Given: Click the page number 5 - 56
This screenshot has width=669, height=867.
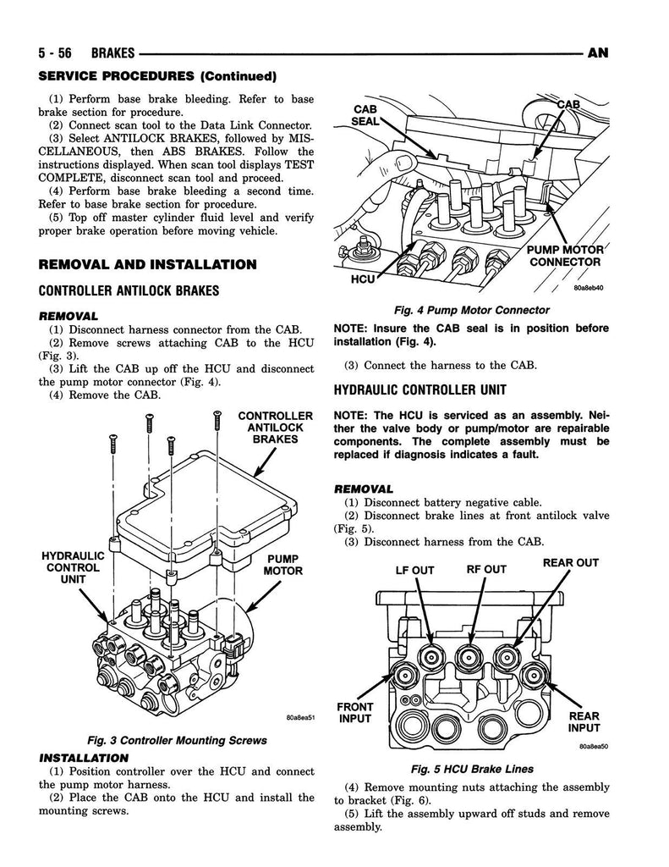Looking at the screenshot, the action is coord(55,52).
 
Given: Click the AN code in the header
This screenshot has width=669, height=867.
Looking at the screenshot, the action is coord(598,52).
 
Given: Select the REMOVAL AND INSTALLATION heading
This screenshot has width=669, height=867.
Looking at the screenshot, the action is coord(147,264).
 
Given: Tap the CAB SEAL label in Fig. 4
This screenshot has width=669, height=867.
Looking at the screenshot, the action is coord(365,115).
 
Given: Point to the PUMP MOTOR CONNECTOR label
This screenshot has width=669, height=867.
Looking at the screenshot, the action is coord(565,256).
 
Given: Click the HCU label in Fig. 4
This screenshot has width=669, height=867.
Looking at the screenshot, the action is coord(363,279).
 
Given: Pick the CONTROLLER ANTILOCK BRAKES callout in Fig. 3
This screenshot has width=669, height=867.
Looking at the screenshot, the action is coord(275,428).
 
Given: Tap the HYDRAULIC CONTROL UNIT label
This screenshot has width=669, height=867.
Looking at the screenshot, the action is coord(73,567).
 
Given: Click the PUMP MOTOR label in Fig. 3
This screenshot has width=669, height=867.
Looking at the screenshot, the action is coord(282,565).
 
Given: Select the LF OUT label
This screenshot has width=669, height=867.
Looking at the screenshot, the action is coord(415,570).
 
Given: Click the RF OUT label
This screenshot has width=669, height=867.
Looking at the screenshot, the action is coord(486,569).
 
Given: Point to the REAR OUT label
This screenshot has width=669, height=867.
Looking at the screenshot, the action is coord(571,562).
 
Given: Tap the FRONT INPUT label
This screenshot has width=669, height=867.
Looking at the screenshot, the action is coord(354,713).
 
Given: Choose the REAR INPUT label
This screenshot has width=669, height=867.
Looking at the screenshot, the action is coord(584,722).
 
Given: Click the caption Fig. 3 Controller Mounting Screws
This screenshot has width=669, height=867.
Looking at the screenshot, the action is coord(177,740).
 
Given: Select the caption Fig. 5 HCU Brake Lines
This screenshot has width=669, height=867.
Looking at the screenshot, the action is coord(472,769).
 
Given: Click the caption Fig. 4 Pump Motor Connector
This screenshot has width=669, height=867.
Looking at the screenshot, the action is coord(472,310).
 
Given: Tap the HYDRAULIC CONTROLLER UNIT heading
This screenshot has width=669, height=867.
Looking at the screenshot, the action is coord(419,389).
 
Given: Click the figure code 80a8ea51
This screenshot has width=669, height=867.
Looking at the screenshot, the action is coord(300,718).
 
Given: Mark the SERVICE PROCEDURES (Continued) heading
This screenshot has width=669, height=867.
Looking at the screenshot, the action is coord(157,75).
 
